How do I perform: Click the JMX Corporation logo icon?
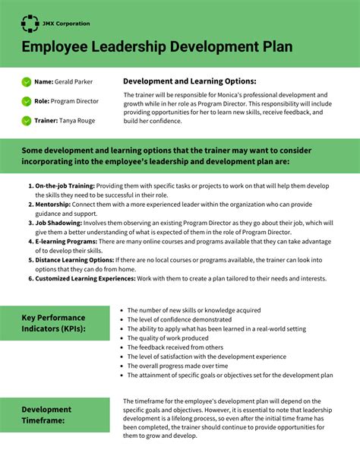pyautogui.click(x=30, y=24)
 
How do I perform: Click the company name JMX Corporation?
pyautogui.click(x=66, y=24)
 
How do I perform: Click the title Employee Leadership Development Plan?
pyautogui.click(x=156, y=47)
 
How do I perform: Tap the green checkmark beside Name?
pyautogui.click(x=27, y=81)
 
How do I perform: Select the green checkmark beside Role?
pyautogui.click(x=27, y=100)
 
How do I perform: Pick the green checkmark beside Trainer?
pyautogui.click(x=27, y=120)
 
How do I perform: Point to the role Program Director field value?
pyautogui.click(x=76, y=100)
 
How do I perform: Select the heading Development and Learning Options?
pyautogui.click(x=189, y=81)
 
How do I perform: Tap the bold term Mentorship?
pyautogui.click(x=53, y=204)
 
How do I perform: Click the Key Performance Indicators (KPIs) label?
pyautogui.click(x=53, y=323)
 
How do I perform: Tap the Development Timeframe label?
pyautogui.click(x=46, y=414)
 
